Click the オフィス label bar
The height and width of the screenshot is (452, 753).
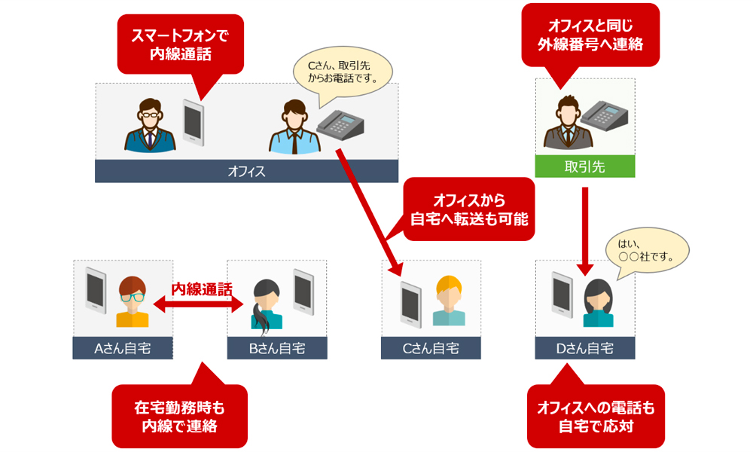tap(246, 172)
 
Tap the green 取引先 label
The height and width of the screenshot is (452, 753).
tap(584, 166)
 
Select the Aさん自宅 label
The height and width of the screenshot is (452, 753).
tap(123, 348)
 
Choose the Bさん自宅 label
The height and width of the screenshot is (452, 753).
tap(276, 348)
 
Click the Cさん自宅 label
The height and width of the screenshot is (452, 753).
tap(431, 348)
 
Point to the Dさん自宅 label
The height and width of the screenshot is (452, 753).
tap(584, 348)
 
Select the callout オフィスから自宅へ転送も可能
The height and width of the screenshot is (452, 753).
tap(468, 209)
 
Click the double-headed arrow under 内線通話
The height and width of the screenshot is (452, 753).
tap(200, 303)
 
